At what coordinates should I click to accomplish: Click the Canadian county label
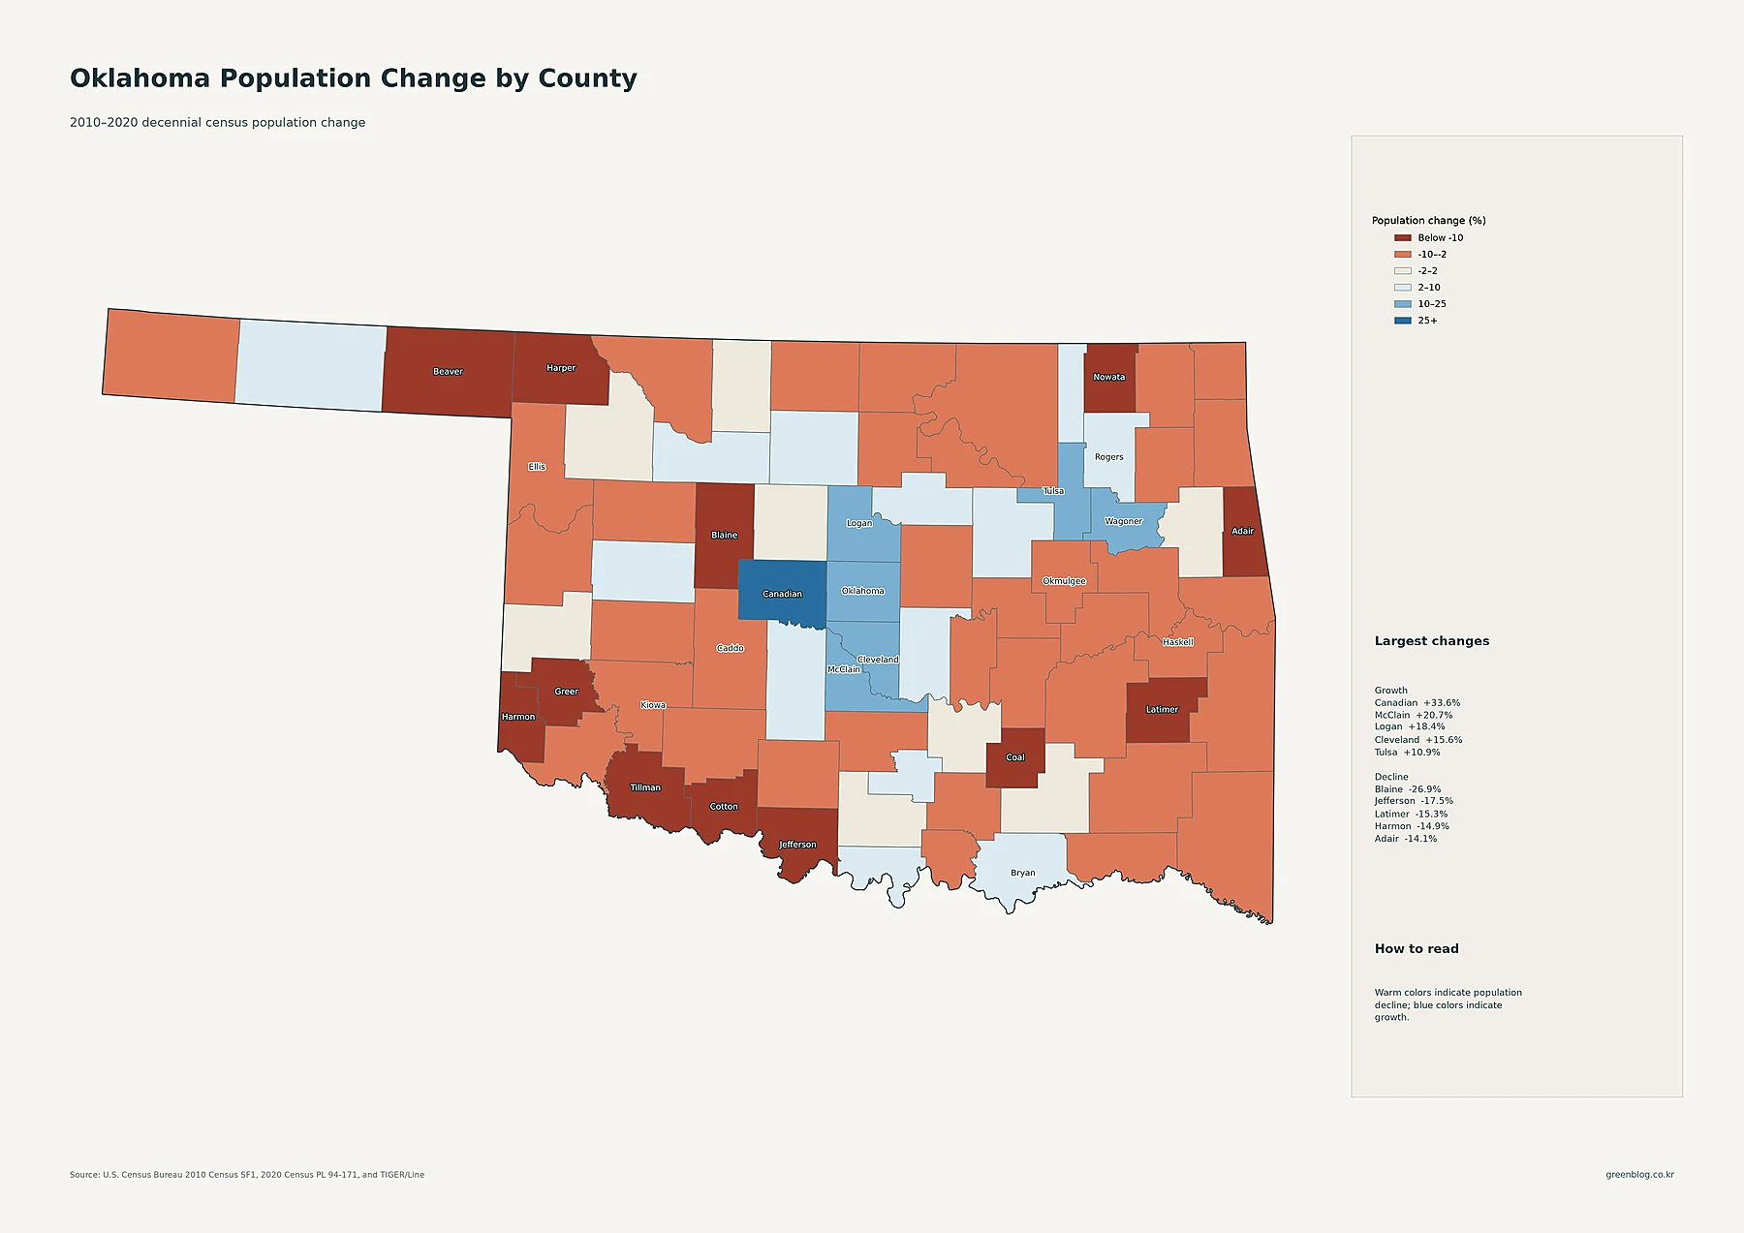(x=782, y=594)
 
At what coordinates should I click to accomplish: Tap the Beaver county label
(x=448, y=371)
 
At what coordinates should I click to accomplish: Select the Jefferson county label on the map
(x=797, y=845)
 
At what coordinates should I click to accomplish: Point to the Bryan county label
(x=1022, y=873)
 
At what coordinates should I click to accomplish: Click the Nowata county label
(x=1109, y=377)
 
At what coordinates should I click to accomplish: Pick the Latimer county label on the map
(x=1162, y=709)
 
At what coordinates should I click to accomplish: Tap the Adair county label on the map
(x=1242, y=531)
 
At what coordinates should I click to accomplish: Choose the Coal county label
(x=1015, y=757)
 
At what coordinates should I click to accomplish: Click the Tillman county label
(x=645, y=787)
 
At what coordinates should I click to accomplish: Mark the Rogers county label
(x=1109, y=457)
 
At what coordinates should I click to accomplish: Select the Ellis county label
(x=537, y=467)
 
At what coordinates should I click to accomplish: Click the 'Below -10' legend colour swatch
(x=1402, y=238)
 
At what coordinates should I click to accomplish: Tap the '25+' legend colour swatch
(x=1402, y=321)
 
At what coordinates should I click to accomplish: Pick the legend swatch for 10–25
(x=1402, y=304)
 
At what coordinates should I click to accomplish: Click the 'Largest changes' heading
(x=1432, y=641)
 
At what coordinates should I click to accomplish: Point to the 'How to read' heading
(x=1417, y=949)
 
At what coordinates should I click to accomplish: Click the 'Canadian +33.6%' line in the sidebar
(x=1417, y=703)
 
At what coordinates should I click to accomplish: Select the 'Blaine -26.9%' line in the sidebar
(x=1408, y=789)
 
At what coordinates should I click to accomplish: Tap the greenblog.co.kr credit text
(x=1639, y=1175)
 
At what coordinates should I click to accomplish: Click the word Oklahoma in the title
(x=140, y=78)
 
